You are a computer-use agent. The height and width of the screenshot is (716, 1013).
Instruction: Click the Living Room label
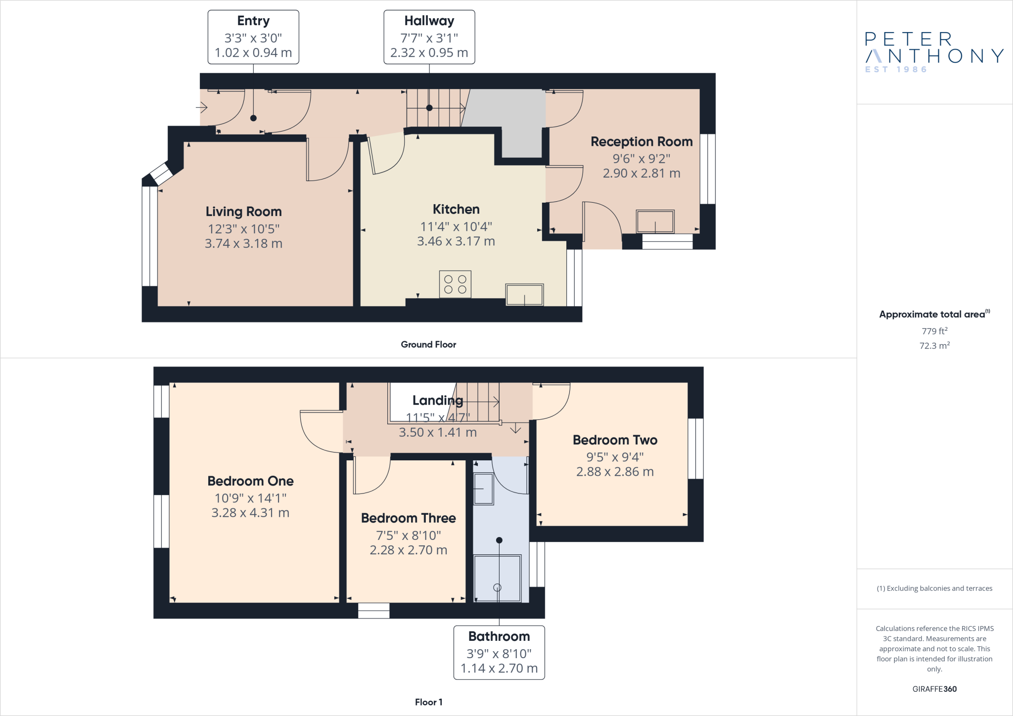click(243, 212)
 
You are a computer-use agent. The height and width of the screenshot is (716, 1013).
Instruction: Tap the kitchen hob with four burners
click(455, 284)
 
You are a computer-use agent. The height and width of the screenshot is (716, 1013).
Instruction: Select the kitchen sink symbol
click(524, 295)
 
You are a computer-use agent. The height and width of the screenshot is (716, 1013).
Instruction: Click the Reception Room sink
click(655, 222)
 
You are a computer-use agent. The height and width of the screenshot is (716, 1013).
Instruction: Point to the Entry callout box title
click(253, 21)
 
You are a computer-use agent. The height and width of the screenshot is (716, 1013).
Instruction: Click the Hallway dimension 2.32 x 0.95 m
click(429, 53)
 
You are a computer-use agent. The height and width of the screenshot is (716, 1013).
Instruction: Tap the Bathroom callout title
click(499, 636)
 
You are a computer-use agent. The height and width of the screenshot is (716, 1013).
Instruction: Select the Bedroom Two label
click(615, 440)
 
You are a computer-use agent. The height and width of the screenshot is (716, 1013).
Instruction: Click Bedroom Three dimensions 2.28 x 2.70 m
click(408, 550)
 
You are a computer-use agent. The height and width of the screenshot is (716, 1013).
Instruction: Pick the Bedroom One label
click(250, 481)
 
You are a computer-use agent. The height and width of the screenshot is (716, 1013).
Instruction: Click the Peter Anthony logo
click(934, 52)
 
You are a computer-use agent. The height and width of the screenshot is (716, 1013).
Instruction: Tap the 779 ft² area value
click(934, 331)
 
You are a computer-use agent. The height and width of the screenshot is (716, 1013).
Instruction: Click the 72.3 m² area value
click(934, 346)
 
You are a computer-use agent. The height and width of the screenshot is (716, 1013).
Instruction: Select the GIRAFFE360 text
click(934, 689)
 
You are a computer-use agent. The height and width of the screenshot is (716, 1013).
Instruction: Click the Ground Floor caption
click(428, 345)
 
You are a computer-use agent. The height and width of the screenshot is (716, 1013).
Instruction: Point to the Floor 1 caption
click(428, 702)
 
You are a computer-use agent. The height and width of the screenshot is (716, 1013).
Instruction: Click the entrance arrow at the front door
click(201, 107)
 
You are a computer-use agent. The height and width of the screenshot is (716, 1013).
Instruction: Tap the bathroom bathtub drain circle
click(497, 587)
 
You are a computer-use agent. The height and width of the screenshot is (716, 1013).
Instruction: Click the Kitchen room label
click(456, 210)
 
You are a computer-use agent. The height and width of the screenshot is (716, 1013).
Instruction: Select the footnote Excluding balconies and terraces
click(934, 588)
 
